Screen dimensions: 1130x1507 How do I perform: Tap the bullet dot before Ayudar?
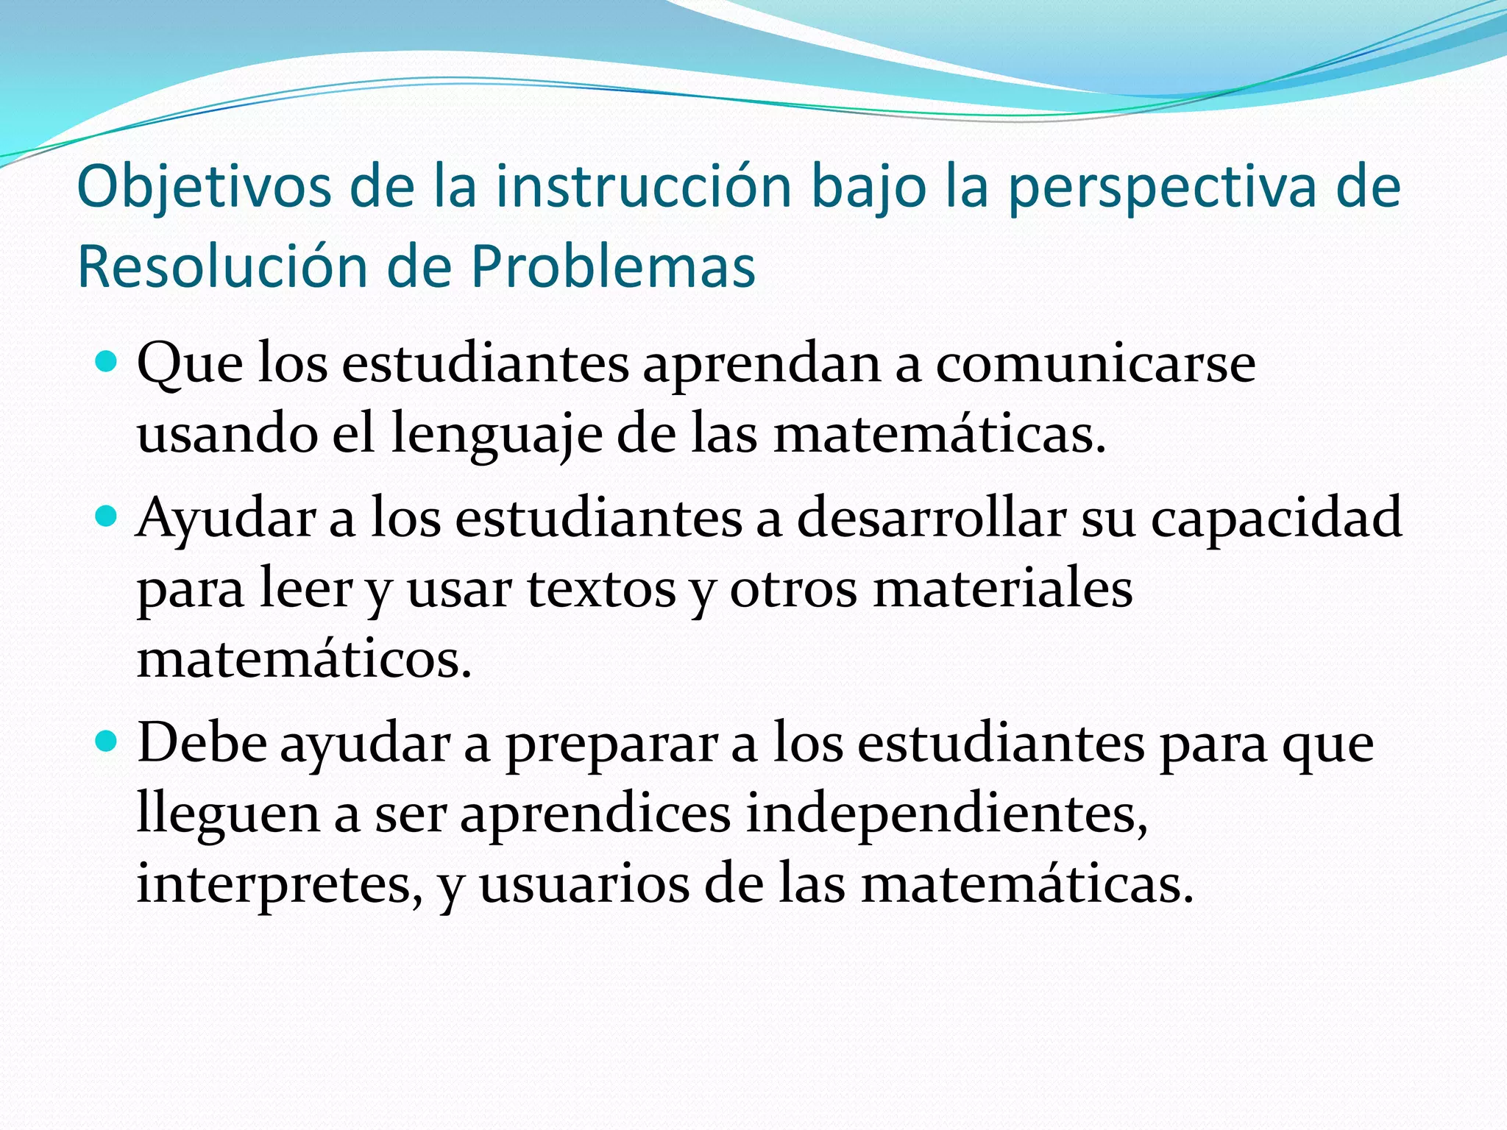point(107,516)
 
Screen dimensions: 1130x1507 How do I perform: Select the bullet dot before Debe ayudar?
point(107,742)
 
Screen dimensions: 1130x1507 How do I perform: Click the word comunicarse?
point(1095,363)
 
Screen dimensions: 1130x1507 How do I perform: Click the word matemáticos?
point(303,659)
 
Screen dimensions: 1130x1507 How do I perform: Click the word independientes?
point(946,815)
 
